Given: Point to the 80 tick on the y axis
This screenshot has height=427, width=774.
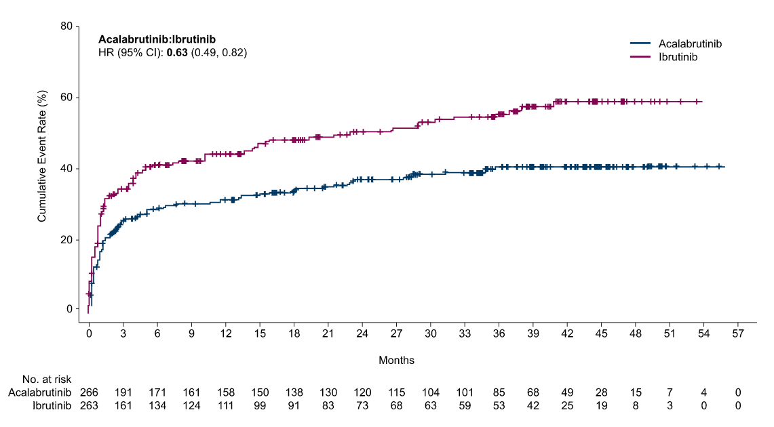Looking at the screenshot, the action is pos(66,26).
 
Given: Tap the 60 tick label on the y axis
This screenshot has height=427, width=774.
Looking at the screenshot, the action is pos(66,98).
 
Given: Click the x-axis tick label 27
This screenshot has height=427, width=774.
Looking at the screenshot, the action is pos(396,334).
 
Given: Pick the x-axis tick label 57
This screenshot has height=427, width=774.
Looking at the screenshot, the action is pos(737,334).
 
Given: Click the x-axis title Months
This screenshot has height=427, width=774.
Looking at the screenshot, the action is pos(396,361).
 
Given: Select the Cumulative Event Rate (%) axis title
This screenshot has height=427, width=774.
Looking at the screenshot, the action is pos(42,157).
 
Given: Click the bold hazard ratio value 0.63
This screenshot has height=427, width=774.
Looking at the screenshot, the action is pos(177,53).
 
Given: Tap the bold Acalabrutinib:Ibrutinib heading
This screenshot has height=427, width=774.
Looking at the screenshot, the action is pos(157,39).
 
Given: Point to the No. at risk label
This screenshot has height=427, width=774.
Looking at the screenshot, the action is pos(47,380).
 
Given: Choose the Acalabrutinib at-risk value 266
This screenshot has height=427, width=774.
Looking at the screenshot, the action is pos(90,393).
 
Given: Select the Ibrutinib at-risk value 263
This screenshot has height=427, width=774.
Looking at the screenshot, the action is pos(90,406).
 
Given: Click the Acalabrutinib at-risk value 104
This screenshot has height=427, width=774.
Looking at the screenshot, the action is pos(431,393).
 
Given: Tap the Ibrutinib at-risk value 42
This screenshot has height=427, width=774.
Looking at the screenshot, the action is pos(533,406).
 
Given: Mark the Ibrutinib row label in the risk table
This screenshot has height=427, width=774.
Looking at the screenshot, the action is pos(52,406).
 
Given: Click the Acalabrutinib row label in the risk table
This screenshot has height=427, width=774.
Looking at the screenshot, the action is pos(40,393).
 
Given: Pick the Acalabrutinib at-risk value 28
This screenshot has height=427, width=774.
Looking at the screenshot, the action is pos(601,393).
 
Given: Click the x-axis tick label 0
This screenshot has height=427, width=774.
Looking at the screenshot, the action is pos(89,334).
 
